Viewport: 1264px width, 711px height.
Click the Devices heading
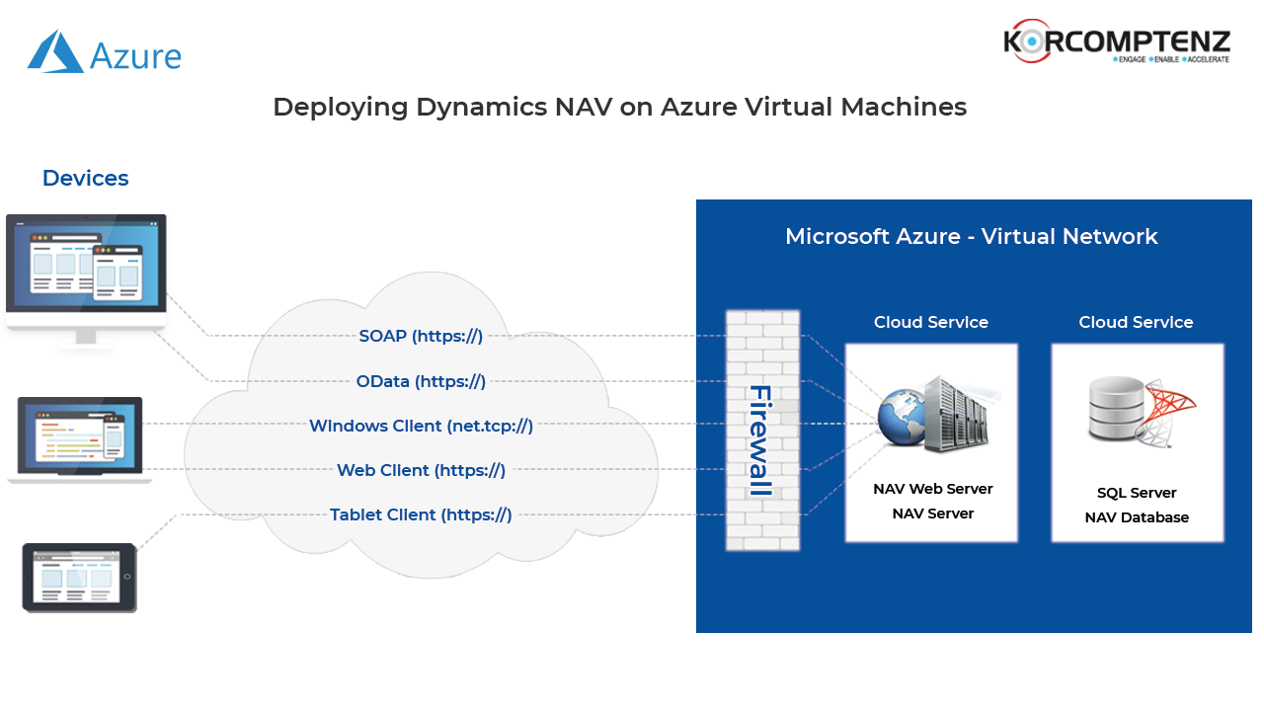[x=85, y=178]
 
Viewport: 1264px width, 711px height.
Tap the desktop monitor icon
[x=87, y=282]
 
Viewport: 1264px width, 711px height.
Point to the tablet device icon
[x=79, y=577]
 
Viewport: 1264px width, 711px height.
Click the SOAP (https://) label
[x=421, y=336]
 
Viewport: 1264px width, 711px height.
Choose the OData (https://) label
[x=421, y=381]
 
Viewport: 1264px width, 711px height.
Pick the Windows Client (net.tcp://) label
[x=421, y=426]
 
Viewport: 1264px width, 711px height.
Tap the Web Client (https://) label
[x=421, y=470]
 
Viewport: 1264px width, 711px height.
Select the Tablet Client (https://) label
[x=421, y=514]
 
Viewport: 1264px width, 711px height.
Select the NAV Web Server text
[x=932, y=489]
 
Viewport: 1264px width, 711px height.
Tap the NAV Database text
[x=1137, y=517]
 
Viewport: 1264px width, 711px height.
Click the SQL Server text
[x=1137, y=493]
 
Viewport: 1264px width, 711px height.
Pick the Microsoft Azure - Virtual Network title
[x=971, y=236]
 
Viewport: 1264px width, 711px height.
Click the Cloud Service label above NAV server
[x=930, y=322]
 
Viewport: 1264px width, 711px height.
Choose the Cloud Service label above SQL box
[x=1136, y=322]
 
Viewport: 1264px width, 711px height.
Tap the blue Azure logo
[x=104, y=50]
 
